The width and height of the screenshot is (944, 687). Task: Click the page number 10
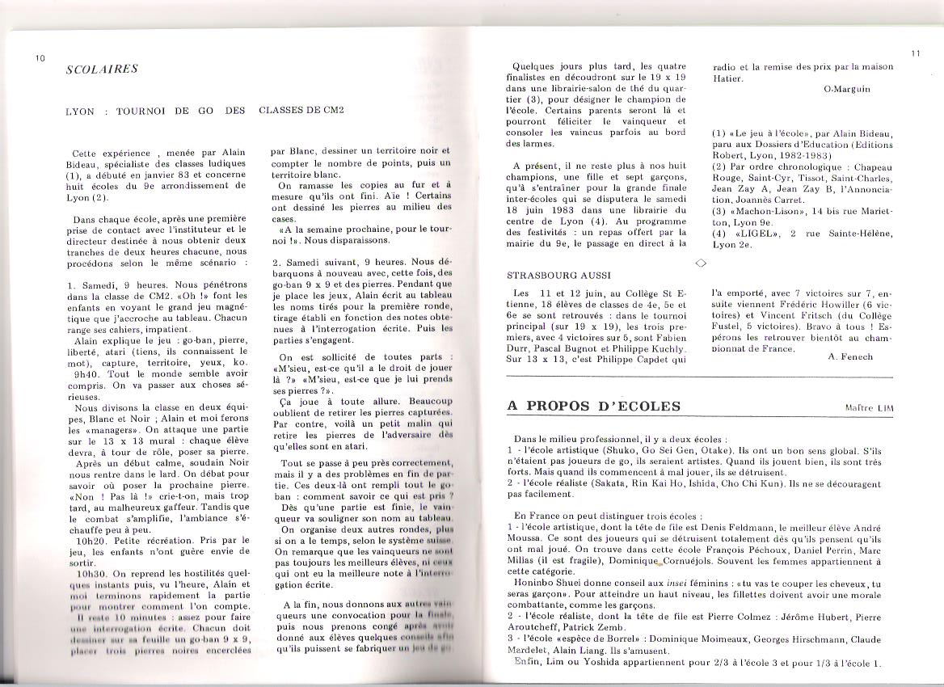[x=40, y=57]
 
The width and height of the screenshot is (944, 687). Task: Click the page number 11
[x=915, y=53]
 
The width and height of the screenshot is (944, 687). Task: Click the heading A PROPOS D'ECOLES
[x=593, y=406]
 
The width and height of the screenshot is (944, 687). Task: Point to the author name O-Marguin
[x=847, y=89]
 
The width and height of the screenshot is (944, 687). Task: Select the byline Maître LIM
[x=869, y=408]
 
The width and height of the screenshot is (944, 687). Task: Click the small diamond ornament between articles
[x=701, y=262]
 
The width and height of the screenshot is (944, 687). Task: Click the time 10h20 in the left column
[x=88, y=539]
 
